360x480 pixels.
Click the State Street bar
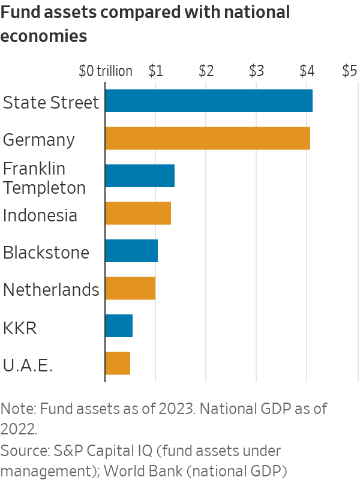click(208, 101)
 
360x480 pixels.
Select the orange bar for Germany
click(207, 139)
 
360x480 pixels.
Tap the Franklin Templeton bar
click(139, 176)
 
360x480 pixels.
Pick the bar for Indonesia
click(137, 214)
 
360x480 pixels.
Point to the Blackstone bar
click(131, 251)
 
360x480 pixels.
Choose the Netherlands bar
click(130, 289)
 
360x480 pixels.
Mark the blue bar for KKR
click(118, 326)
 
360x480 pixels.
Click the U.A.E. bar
click(117, 364)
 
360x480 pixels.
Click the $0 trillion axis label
click(106, 71)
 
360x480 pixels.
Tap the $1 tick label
click(155, 71)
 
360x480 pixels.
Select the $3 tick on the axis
click(256, 71)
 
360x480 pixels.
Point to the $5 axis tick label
click(349, 71)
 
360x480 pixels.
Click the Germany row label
click(39, 140)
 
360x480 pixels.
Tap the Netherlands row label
click(50, 290)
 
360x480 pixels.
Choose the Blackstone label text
click(46, 253)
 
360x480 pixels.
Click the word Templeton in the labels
click(44, 188)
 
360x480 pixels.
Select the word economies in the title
click(44, 36)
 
